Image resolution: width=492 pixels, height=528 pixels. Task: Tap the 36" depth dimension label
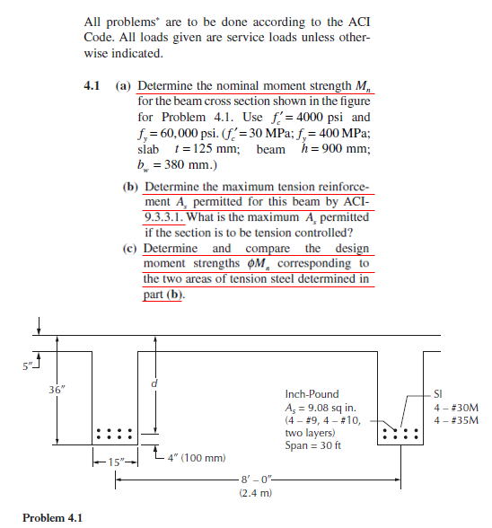(x=55, y=390)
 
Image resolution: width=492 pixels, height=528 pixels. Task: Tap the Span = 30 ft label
(x=314, y=445)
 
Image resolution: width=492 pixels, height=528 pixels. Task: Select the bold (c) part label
(x=130, y=248)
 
